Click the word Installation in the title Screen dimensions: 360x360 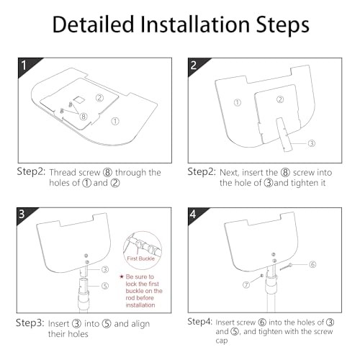coord(194,24)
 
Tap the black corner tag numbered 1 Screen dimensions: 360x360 coord(26,66)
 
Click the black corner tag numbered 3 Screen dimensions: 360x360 coord(24,215)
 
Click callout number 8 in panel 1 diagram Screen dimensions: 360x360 coord(84,117)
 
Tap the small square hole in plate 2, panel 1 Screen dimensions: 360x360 coord(78,99)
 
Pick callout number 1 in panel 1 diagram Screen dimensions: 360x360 coord(115,121)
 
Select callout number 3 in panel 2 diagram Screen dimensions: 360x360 coord(312,143)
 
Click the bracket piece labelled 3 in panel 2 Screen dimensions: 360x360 coord(284,135)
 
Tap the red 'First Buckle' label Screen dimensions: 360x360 coord(140,258)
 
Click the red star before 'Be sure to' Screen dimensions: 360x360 coord(121,276)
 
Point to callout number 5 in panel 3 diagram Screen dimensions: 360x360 coord(105,286)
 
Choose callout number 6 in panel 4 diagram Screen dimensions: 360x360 coord(312,264)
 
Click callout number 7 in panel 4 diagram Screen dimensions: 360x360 coord(246,285)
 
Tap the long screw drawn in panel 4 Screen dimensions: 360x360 coord(286,267)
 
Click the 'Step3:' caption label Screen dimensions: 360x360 coord(30,323)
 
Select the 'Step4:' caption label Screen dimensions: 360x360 coord(200,322)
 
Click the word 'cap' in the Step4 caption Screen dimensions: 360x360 coord(222,341)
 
